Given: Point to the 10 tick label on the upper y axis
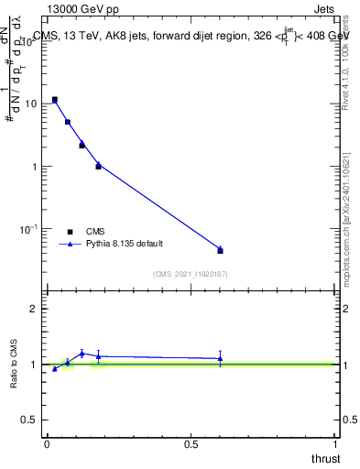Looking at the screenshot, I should pos(29,104).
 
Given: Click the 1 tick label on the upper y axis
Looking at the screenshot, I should pos(34,167).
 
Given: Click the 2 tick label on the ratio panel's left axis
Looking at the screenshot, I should pos(34,309).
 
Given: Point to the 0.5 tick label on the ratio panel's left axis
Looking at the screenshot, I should pos(29,420).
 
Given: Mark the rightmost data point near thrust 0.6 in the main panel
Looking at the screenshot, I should pos(220,249).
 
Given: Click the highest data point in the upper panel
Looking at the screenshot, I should pos(55,99).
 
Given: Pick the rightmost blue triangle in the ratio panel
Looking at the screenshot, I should pos(220,358).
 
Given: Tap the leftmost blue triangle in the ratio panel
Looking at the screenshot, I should pos(55,369).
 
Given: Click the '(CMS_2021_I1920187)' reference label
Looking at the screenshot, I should pos(191,274).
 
